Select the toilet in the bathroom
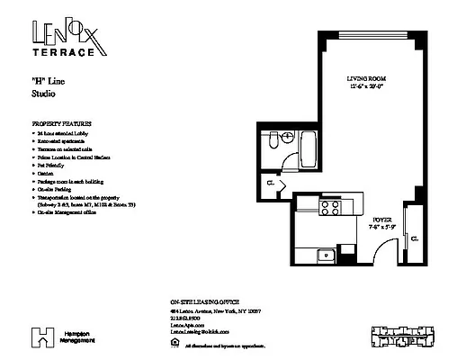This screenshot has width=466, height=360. [x=276, y=142]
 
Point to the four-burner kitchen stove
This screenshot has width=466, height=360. [x=330, y=210]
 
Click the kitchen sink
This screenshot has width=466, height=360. [x=325, y=256]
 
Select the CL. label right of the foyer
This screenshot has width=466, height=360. [x=414, y=240]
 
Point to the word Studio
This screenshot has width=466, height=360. [x=44, y=93]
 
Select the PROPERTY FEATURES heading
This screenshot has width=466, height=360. [x=62, y=122]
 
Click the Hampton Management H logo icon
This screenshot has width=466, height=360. [x=40, y=337]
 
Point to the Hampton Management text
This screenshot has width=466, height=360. [x=76, y=337]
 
